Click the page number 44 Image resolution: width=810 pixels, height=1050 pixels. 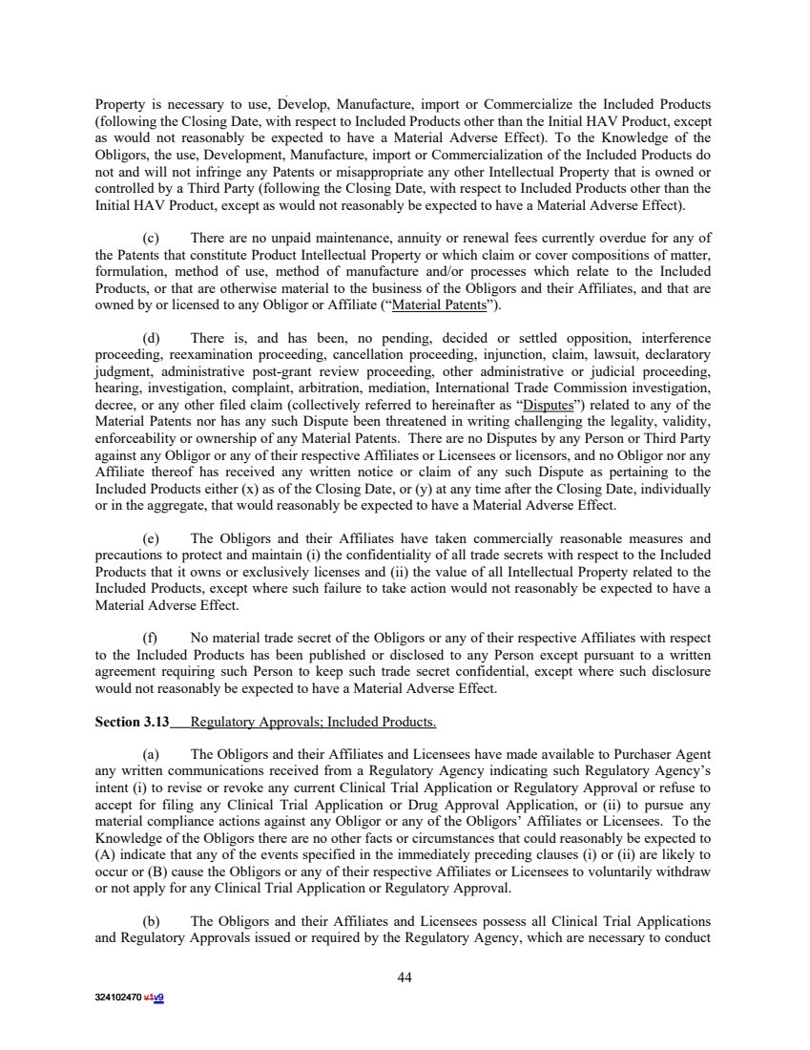[405, 976]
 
